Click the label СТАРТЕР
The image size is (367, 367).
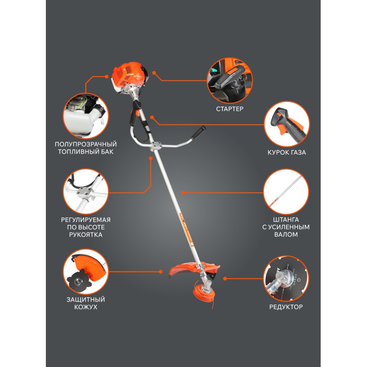point(230,109)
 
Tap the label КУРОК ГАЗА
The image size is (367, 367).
point(287,152)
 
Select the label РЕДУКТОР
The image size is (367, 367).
point(286,307)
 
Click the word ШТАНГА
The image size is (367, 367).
point(286,220)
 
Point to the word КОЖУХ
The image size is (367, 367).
point(86,307)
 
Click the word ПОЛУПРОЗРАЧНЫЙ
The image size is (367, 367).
point(86,144)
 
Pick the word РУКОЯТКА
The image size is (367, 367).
point(86,234)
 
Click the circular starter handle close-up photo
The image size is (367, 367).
point(230,81)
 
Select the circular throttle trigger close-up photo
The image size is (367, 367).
point(287,124)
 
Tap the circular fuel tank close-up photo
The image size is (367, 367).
point(86,116)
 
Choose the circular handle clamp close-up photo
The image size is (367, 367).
point(86,191)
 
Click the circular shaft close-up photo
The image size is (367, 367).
point(286,192)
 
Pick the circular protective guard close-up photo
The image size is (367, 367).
point(86,272)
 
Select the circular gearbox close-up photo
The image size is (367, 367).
point(286,278)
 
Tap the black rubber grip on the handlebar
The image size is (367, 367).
point(198,133)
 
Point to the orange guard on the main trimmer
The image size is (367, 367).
point(187,269)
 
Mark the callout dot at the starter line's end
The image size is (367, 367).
point(154,73)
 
